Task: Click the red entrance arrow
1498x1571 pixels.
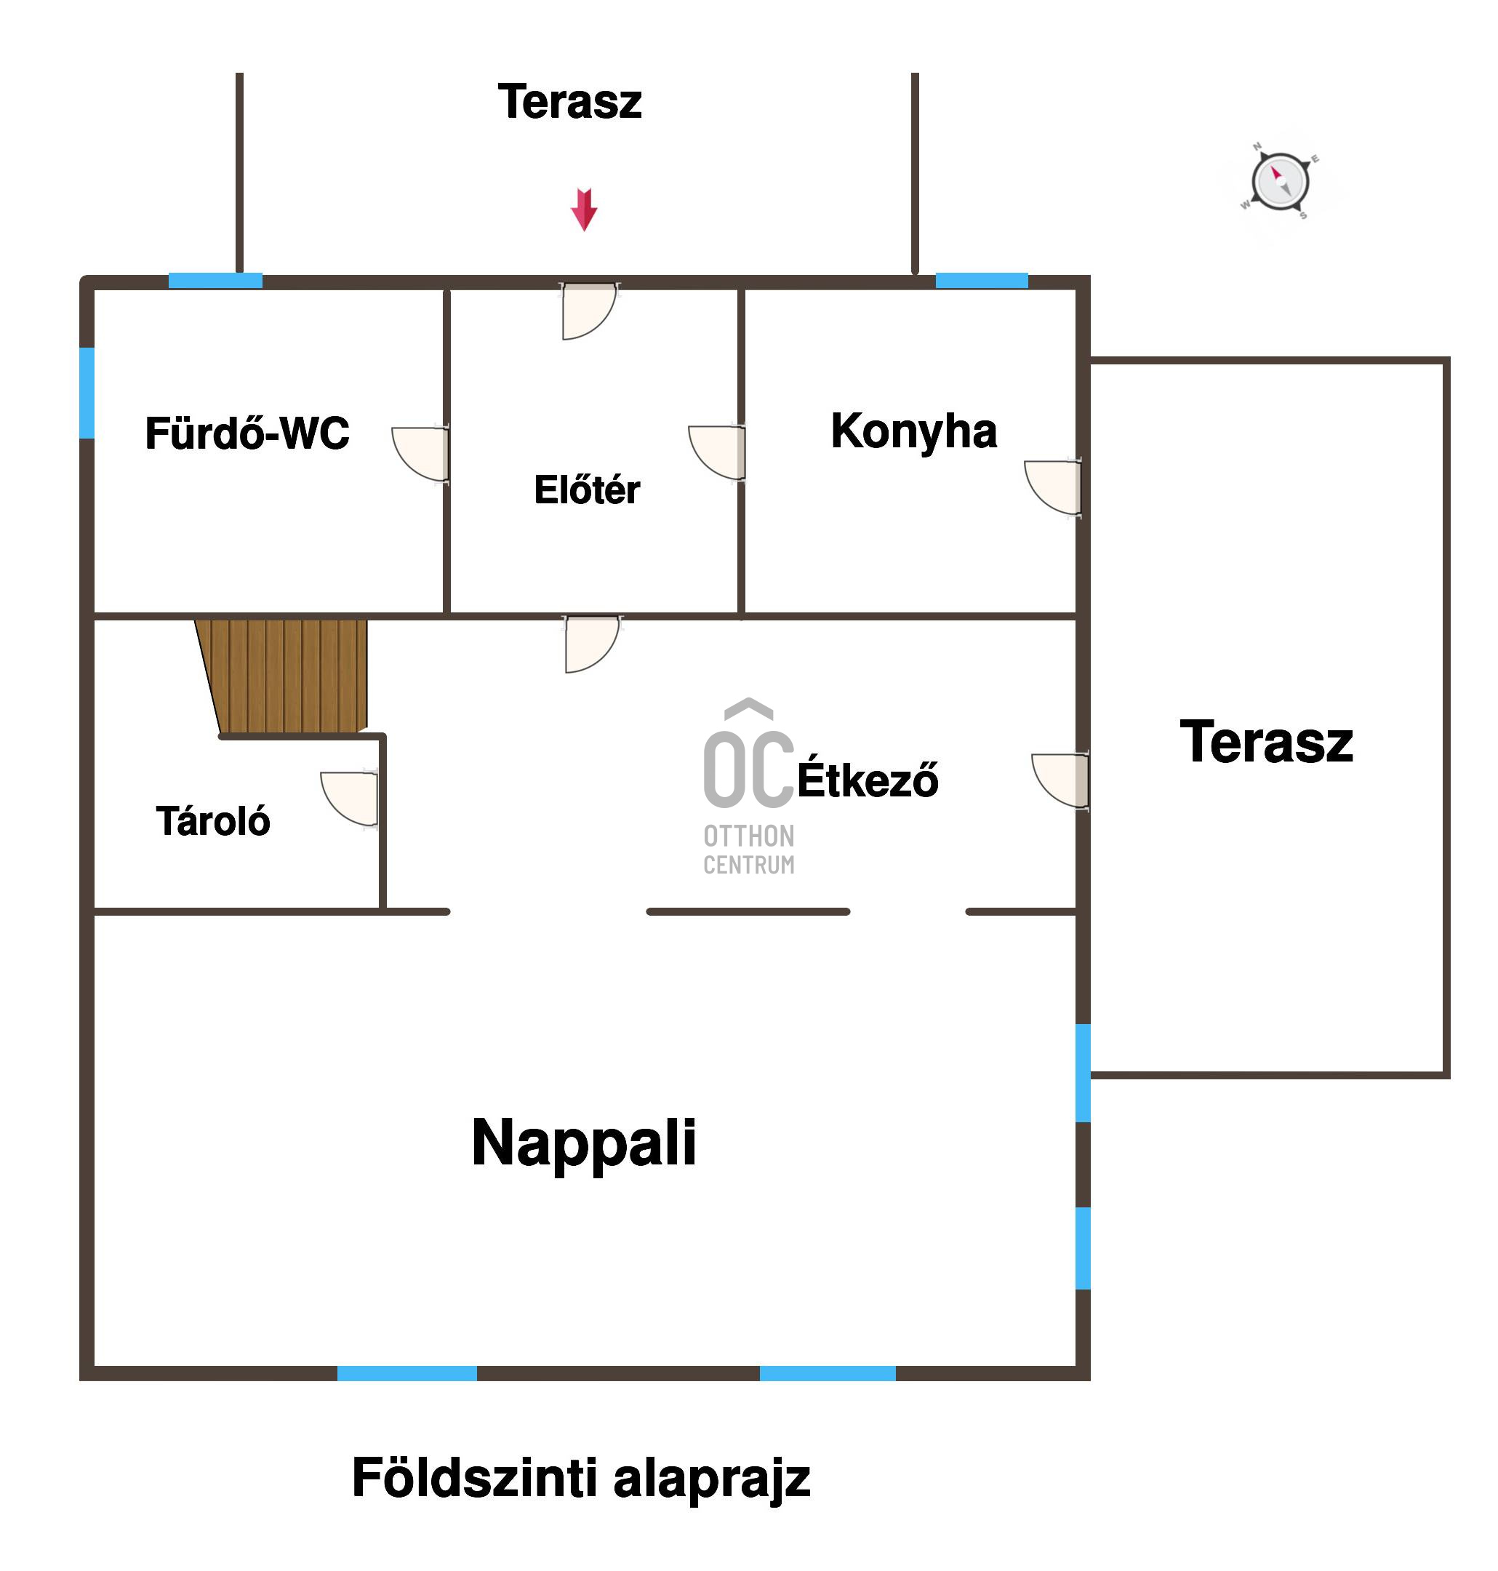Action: coord(584,209)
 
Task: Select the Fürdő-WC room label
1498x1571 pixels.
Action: coord(247,433)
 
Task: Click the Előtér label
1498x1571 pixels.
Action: coord(587,489)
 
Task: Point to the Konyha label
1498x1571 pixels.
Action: coord(913,432)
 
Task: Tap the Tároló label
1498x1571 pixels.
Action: coord(213,821)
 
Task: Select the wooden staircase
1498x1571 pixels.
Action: coord(283,676)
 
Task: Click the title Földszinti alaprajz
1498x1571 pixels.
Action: coord(580,1478)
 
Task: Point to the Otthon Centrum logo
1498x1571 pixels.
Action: coord(749,787)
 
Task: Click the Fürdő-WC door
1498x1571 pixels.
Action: coord(421,454)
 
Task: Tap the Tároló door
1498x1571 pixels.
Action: coord(350,799)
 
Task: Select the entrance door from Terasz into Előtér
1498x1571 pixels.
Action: coord(589,311)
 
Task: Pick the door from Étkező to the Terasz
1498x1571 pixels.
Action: coord(1060,780)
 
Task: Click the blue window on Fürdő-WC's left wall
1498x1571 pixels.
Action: coord(87,393)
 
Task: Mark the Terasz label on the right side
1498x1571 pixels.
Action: coord(1267,742)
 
